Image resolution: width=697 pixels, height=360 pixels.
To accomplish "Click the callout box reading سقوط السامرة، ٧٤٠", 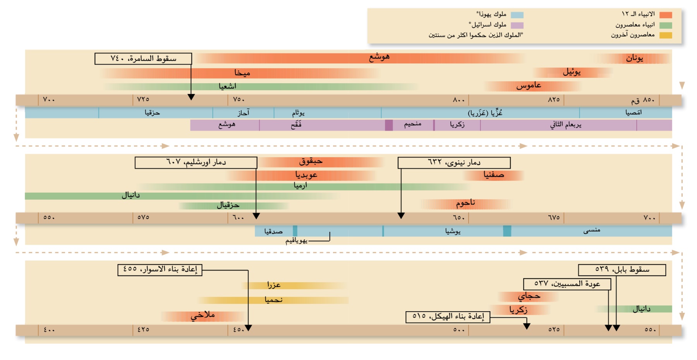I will [143, 59].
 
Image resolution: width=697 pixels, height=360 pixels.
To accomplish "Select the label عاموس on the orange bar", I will [529, 86].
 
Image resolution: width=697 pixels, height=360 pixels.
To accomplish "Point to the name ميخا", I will [242, 73].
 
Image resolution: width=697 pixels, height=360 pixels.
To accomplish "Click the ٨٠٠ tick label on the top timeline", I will [458, 100].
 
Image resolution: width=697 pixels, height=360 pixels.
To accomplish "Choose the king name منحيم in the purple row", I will [412, 124].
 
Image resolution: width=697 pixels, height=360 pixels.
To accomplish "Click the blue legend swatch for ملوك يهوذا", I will [517, 15].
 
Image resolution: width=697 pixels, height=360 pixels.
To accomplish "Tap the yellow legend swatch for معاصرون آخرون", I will [666, 35].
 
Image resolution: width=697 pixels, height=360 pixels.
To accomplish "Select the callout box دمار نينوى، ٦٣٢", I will [454, 163].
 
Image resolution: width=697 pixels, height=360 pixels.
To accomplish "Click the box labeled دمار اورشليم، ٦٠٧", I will [196, 163].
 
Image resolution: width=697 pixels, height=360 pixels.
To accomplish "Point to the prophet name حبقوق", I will [311, 161].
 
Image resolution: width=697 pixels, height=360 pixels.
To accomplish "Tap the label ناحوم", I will [465, 203].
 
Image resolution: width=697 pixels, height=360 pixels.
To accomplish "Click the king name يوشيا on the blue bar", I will [453, 231].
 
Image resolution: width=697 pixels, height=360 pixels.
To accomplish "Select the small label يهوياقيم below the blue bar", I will [296, 241].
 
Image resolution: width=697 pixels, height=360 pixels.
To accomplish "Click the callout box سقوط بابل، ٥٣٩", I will [622, 270].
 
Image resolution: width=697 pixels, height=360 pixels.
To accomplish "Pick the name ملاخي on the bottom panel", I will [203, 315].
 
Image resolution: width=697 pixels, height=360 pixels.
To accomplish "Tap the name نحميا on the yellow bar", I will [273, 300].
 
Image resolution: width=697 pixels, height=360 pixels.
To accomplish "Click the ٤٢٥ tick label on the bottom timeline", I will [143, 330].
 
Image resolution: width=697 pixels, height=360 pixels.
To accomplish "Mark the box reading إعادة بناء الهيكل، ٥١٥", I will [448, 317].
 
